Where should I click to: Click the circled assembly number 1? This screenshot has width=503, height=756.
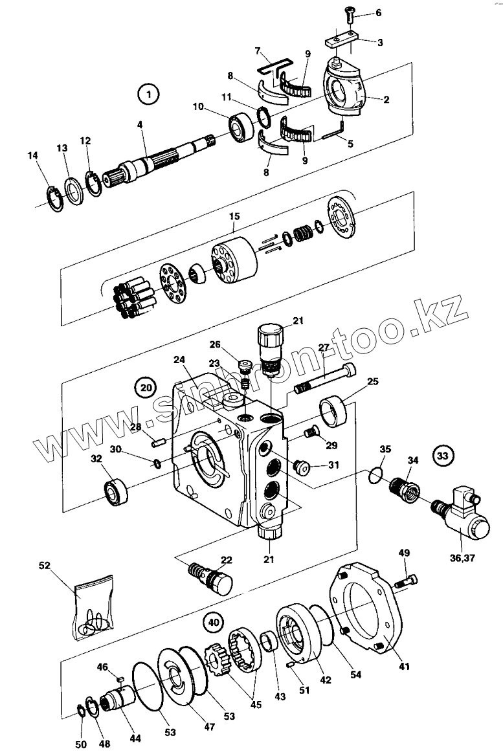(x=148, y=94)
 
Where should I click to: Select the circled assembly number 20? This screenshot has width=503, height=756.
(x=146, y=386)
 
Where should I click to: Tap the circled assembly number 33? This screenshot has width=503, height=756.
(x=442, y=456)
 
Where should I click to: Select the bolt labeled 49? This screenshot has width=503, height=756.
(x=406, y=581)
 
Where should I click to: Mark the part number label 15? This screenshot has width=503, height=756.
(x=234, y=216)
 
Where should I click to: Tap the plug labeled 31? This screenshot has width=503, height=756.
(x=301, y=467)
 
